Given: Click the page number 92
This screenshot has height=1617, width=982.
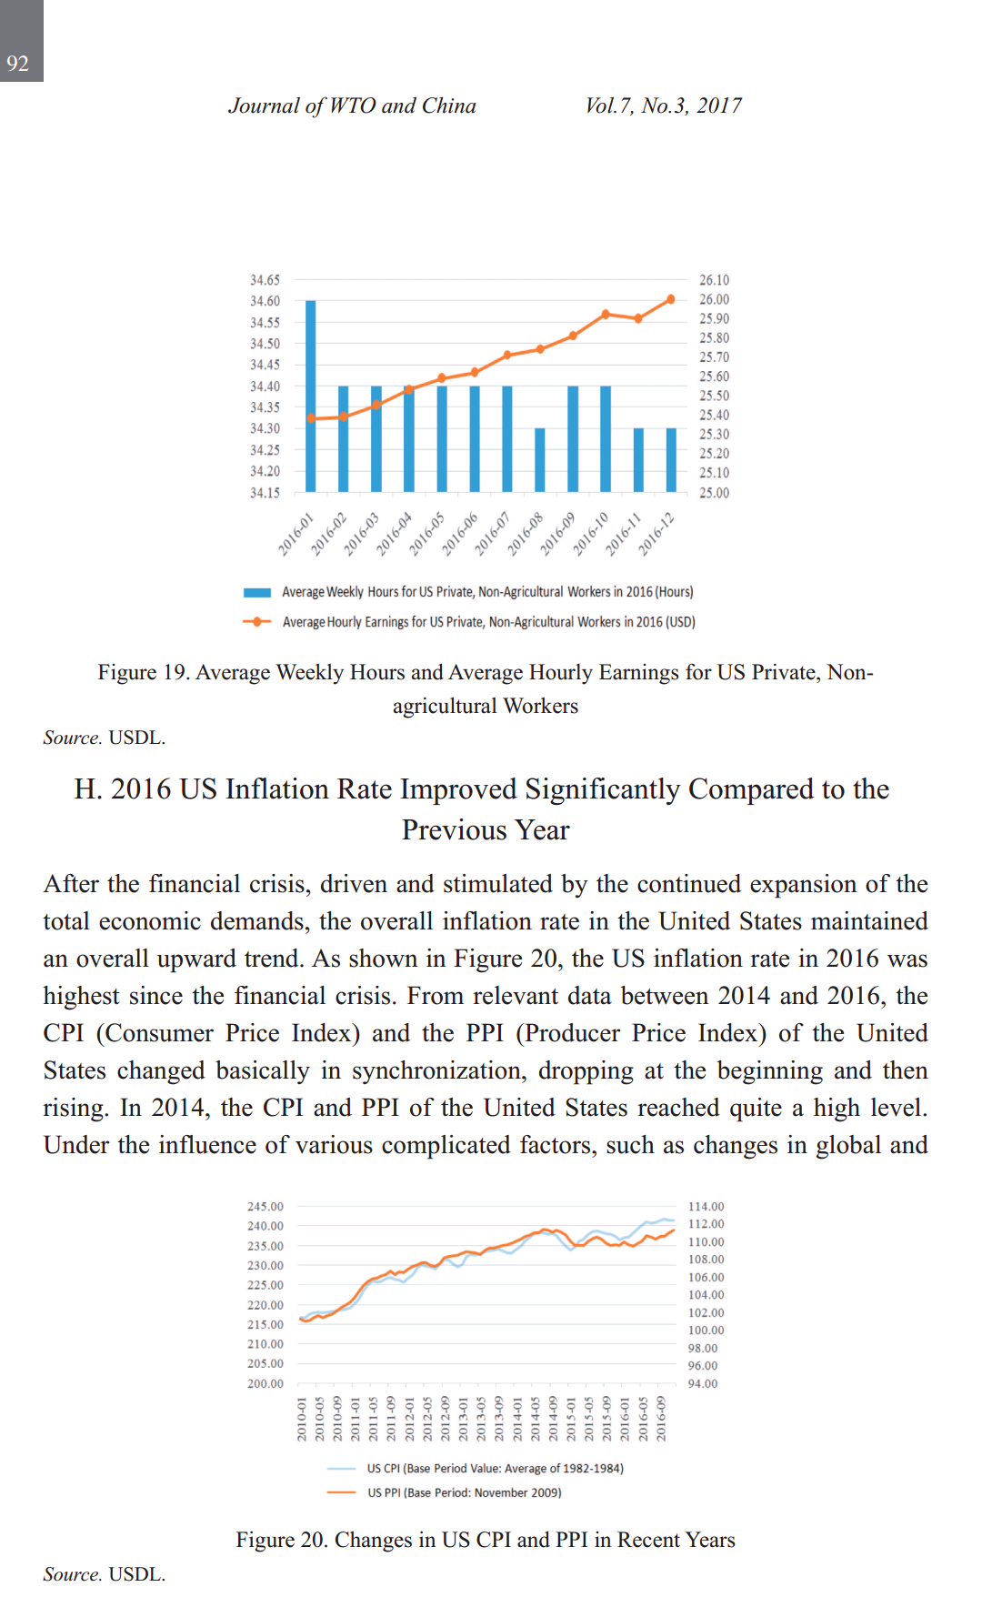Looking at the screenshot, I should (18, 64).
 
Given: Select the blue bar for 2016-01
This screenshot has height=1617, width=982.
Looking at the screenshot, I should (311, 396).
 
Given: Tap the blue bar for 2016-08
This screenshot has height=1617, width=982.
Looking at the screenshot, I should (540, 459).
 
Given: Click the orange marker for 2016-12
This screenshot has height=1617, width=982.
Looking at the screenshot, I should (671, 299).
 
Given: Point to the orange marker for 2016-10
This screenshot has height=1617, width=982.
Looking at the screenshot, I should (606, 315).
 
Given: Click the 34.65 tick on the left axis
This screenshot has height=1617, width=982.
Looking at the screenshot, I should (265, 280).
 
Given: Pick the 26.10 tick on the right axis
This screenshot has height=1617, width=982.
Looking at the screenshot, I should (714, 280).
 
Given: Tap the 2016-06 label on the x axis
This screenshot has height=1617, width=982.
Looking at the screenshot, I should (460, 534).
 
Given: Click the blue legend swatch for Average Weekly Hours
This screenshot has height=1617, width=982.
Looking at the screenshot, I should (257, 593).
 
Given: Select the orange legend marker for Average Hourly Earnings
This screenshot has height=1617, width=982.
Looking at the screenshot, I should (257, 622).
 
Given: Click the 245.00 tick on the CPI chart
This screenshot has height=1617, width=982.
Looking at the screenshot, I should (265, 1207).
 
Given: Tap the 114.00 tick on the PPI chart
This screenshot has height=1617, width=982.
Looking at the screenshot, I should (706, 1207).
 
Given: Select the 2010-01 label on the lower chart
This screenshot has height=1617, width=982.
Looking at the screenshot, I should (303, 1421).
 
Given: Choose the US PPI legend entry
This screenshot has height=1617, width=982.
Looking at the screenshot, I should (464, 1492).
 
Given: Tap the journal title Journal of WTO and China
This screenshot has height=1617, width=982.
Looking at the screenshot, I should (352, 106).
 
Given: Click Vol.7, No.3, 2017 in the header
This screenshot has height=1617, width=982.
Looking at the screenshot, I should (663, 106).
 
